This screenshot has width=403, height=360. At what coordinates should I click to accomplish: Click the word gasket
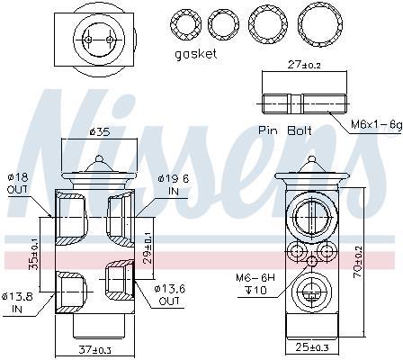196,54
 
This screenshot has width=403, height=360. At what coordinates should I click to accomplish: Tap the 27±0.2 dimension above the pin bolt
304,65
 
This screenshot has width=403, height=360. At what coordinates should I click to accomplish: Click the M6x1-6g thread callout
376,124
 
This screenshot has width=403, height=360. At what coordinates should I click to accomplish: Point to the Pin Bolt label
285,130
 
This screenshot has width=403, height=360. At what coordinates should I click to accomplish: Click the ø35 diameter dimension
100,131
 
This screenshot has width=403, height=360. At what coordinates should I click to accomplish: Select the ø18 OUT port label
18,183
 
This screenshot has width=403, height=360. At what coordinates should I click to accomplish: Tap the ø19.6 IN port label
174,184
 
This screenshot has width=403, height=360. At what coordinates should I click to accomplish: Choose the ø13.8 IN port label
17,302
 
